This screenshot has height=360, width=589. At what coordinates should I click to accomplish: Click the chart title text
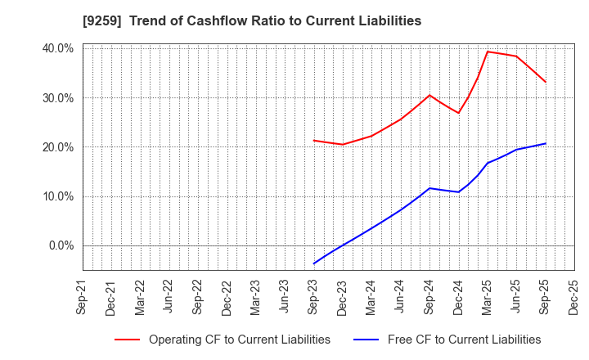click(x=294, y=21)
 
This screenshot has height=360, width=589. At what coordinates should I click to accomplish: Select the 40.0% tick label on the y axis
click(x=57, y=49)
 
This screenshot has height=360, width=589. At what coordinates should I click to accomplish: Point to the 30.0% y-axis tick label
click(x=57, y=98)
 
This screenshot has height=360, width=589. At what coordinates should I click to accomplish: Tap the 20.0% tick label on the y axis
click(x=57, y=147)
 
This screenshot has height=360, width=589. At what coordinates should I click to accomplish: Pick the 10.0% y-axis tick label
click(x=57, y=196)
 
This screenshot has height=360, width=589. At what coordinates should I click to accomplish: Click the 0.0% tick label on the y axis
click(x=61, y=245)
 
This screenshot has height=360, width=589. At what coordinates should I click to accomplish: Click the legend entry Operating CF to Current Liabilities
click(x=239, y=340)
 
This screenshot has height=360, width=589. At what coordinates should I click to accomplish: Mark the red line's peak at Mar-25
click(x=488, y=52)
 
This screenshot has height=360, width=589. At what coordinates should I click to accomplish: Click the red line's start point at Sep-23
click(x=313, y=140)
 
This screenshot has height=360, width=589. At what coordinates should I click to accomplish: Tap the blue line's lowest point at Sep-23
click(x=313, y=263)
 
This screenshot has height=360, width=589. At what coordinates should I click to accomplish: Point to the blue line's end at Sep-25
click(x=546, y=144)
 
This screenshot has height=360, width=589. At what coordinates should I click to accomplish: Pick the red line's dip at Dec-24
click(x=459, y=113)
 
